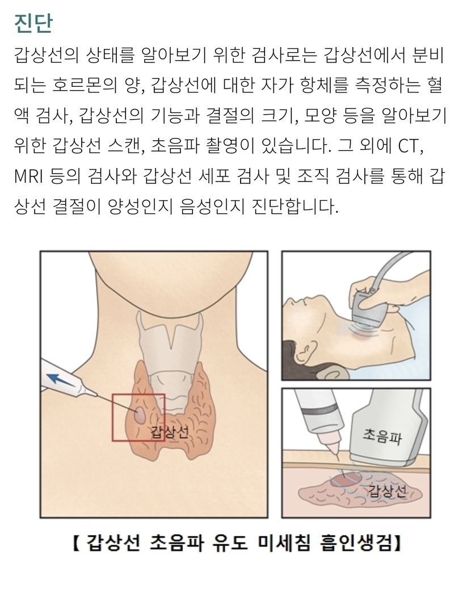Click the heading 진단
coord(33,23)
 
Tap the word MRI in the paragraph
coord(29,176)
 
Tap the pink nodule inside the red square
coord(141,415)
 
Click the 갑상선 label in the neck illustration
coord(169,432)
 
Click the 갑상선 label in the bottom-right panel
coord(387,491)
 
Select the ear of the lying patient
coord(305,353)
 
